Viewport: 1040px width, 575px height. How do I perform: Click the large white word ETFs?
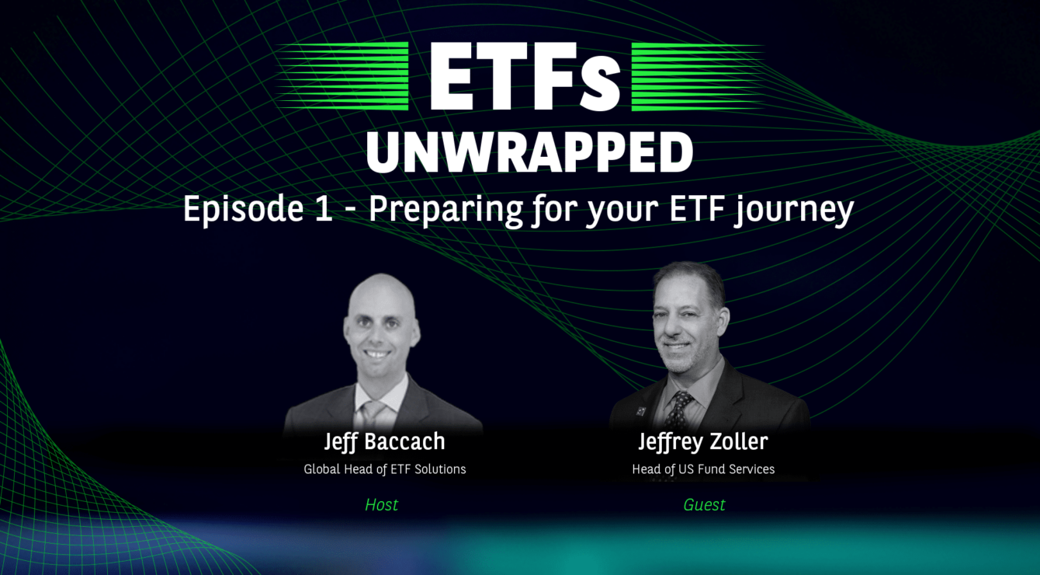[x=525, y=77]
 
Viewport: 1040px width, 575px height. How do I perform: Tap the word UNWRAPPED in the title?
[x=530, y=152]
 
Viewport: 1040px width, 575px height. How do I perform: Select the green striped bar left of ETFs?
[x=342, y=76]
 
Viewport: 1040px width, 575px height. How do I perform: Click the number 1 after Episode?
[x=324, y=209]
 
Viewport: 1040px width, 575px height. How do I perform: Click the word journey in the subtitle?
[x=795, y=211]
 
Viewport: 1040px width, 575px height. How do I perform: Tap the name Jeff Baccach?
[x=384, y=441]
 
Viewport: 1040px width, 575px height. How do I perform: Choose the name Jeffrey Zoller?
[x=703, y=441]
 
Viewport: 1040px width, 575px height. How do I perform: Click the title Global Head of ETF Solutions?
[x=385, y=469]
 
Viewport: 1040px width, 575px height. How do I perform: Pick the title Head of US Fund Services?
[x=703, y=469]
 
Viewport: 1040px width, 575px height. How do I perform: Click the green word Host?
[x=381, y=505]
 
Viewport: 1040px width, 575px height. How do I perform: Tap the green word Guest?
[x=704, y=505]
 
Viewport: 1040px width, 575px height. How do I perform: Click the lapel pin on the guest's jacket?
[x=641, y=411]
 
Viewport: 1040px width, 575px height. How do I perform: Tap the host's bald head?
[x=382, y=293]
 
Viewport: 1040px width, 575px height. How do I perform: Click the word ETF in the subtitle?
[x=698, y=209]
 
